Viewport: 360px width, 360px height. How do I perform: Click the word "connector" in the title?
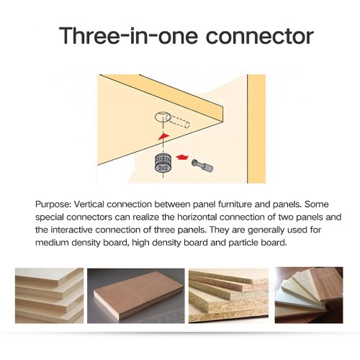coord(260,36)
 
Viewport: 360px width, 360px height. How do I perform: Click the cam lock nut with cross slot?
coord(163,163)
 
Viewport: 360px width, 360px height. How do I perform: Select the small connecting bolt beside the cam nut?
coord(202,166)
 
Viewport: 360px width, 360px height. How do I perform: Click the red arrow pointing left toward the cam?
coord(182,157)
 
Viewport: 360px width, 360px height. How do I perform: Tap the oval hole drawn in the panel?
coord(163,117)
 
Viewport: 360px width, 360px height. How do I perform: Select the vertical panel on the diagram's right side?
coord(256,129)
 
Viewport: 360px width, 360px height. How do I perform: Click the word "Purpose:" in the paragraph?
coord(53,204)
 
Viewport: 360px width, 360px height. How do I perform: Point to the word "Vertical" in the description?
coord(89,204)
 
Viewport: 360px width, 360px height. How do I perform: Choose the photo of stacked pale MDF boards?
coord(50,295)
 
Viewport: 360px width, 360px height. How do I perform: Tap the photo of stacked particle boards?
coord(228,296)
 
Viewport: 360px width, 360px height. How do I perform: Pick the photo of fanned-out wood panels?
coord(309,295)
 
